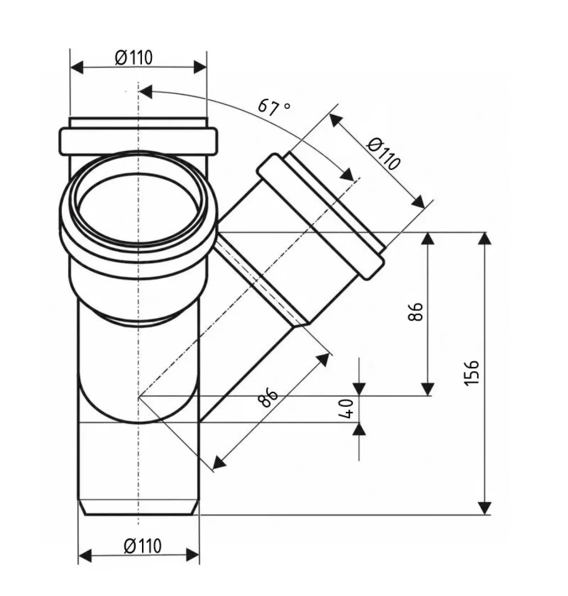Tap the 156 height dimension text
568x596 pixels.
472,372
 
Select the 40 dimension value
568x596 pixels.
346,408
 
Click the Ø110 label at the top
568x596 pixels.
133,58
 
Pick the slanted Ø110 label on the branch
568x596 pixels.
384,154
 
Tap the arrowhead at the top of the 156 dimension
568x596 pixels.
485,239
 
